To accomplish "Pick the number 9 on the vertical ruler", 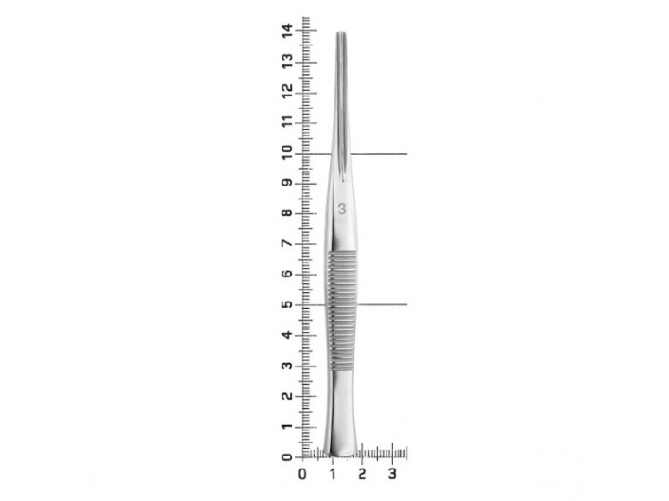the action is coord(287,183).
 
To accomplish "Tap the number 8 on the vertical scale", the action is coord(287,212).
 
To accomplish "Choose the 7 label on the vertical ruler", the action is coord(287,243).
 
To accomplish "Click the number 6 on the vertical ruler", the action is coord(287,274).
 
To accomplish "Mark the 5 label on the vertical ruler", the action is coord(287,304).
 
